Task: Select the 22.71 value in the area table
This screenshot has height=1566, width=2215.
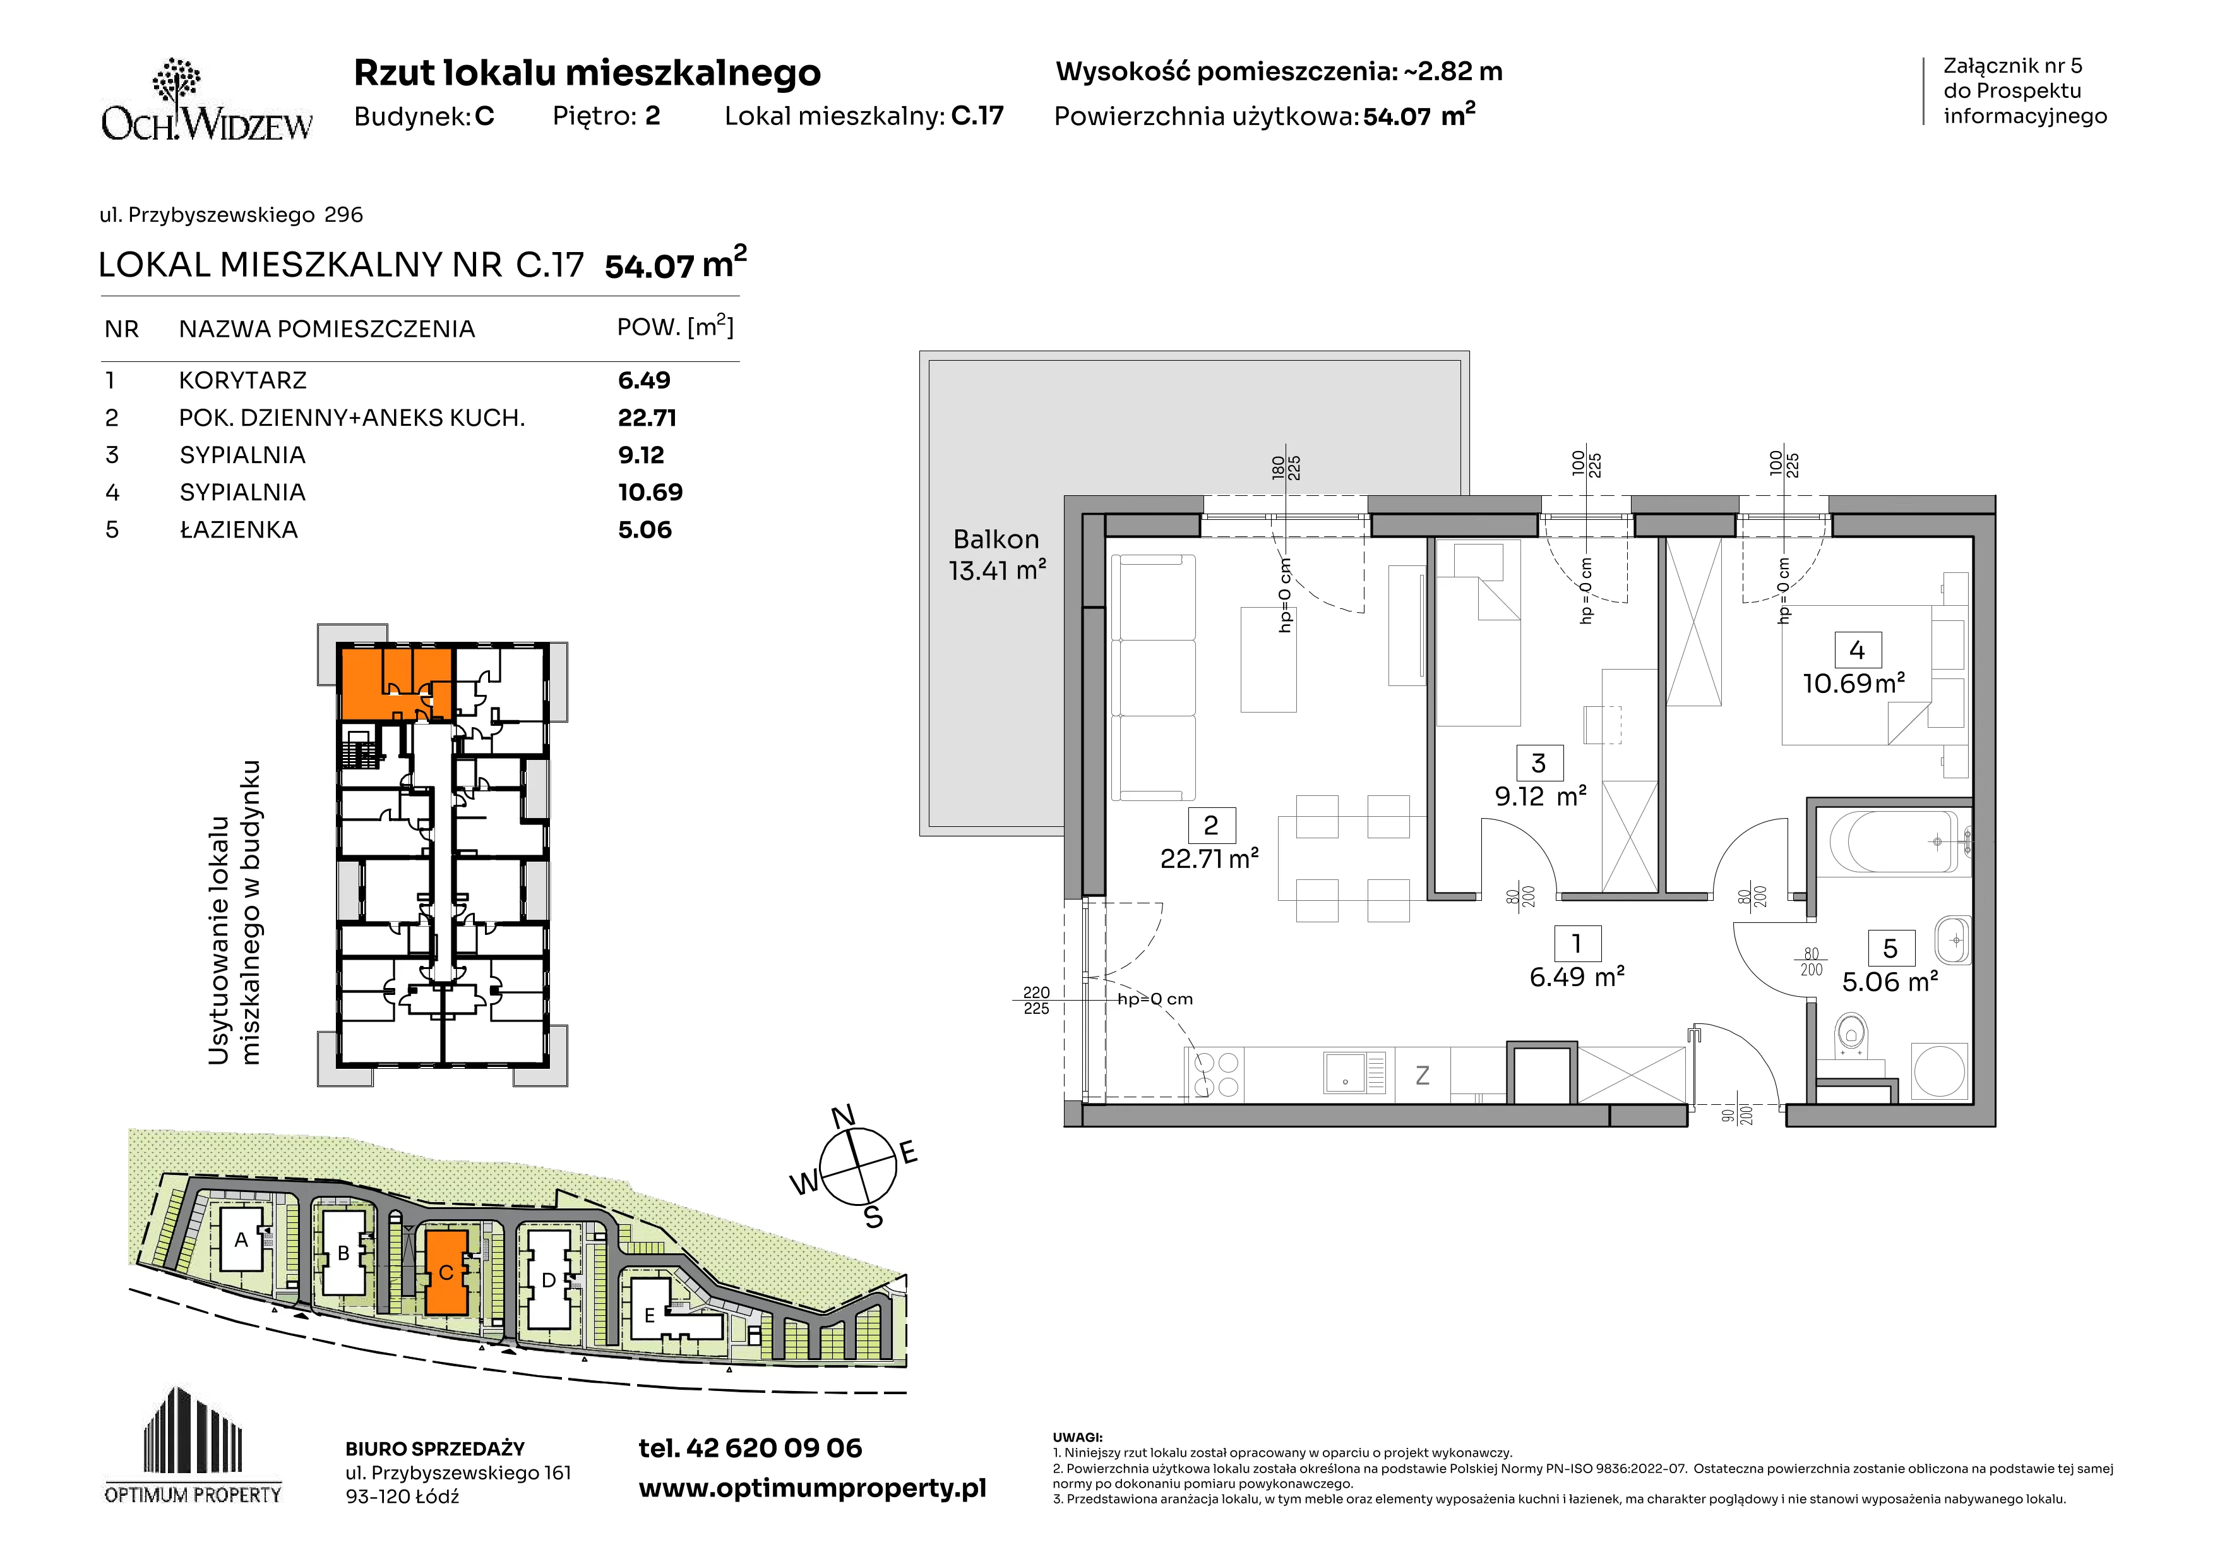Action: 647,418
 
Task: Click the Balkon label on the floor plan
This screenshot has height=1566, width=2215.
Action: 996,539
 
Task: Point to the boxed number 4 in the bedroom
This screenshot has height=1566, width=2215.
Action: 1857,650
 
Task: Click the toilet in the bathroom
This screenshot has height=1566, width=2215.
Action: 1850,1035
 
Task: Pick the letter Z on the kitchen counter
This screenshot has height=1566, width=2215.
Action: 1422,1075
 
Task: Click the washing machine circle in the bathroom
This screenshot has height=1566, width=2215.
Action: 1939,1070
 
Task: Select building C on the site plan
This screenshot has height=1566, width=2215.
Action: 446,1272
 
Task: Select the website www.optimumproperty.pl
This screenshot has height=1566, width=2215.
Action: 812,1489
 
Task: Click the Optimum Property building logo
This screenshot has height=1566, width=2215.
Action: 193,1445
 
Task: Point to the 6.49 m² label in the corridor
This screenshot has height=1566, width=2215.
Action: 1577,977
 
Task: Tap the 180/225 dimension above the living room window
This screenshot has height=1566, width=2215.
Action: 1286,469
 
